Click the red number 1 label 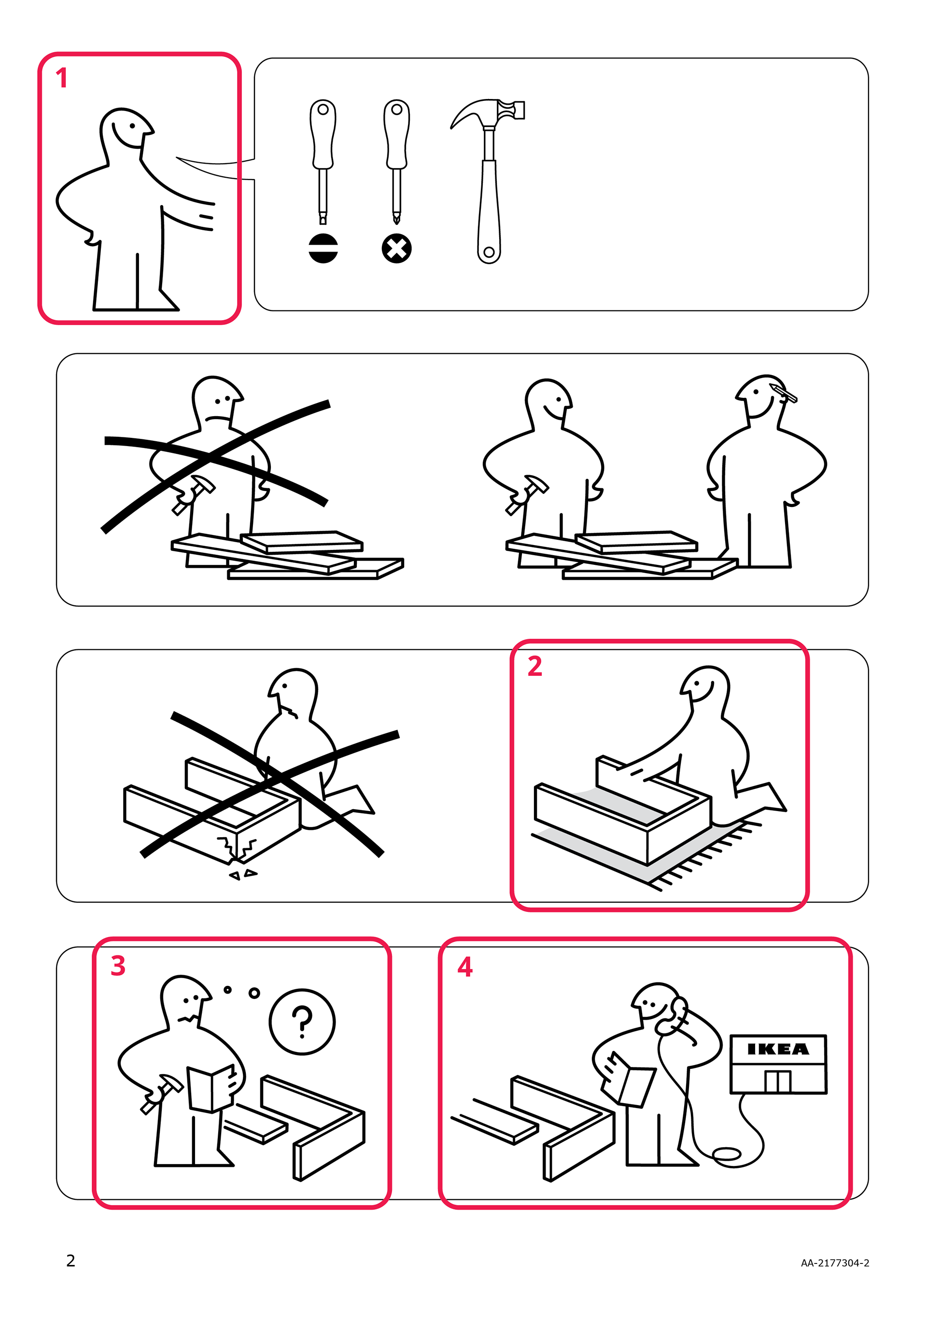(x=62, y=78)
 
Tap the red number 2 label (x=534, y=666)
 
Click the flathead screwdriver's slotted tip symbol (x=323, y=249)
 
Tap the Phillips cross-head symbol (x=396, y=249)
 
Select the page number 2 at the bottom (x=70, y=1261)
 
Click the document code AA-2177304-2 (x=835, y=1263)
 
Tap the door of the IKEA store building (x=778, y=1081)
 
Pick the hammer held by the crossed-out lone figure (x=194, y=494)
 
